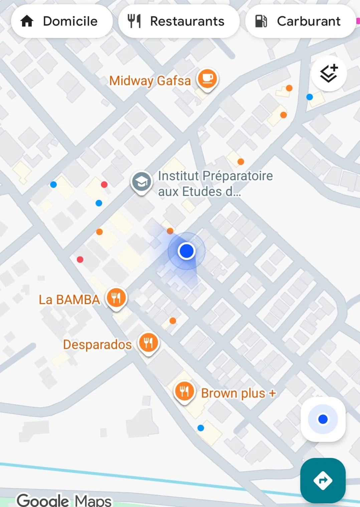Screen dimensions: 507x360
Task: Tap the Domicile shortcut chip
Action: (x=62, y=21)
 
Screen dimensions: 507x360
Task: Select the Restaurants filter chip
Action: (x=179, y=21)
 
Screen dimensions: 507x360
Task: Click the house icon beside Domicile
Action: (x=27, y=21)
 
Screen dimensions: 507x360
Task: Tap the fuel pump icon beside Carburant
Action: (x=261, y=21)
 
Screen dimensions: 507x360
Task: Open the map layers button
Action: (x=329, y=73)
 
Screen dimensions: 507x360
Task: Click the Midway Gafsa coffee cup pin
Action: (x=207, y=79)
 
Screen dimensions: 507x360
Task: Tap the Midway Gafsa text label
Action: (x=150, y=81)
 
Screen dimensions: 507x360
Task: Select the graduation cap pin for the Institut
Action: (x=142, y=182)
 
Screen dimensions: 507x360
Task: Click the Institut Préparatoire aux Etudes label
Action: (x=215, y=184)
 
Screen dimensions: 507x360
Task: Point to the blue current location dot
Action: (x=186, y=251)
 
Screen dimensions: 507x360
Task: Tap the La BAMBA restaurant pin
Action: (x=116, y=297)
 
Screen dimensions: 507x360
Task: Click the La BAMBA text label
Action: (x=69, y=299)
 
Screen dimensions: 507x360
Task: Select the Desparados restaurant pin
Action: (x=149, y=342)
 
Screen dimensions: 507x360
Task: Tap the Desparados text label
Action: (x=97, y=344)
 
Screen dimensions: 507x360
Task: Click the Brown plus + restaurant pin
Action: (x=184, y=391)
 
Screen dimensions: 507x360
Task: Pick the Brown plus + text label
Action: (x=238, y=393)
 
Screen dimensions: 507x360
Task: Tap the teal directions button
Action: (x=323, y=480)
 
